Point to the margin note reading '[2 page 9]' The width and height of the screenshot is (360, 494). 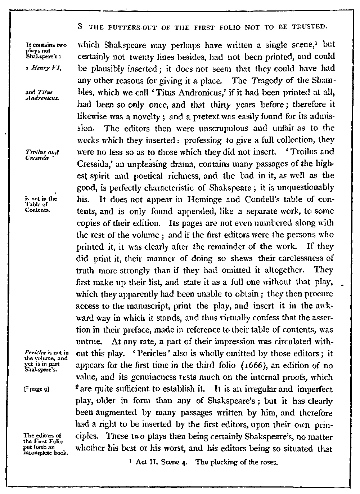click(36, 389)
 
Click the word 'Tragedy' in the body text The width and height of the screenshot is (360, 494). click(267, 81)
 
